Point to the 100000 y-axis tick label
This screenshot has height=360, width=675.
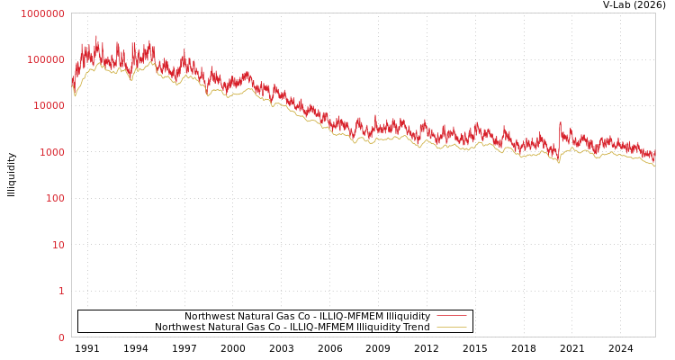[45, 59]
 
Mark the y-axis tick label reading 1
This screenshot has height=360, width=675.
[61, 291]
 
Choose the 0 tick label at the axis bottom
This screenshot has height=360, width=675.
[61, 337]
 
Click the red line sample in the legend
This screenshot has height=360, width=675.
[451, 316]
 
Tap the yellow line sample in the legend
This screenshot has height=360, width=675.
[451, 327]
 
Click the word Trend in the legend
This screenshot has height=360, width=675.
[415, 328]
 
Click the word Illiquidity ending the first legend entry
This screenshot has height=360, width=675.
[408, 317]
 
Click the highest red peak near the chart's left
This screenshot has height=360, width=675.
[96, 37]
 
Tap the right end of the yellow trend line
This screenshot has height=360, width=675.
[654, 166]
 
